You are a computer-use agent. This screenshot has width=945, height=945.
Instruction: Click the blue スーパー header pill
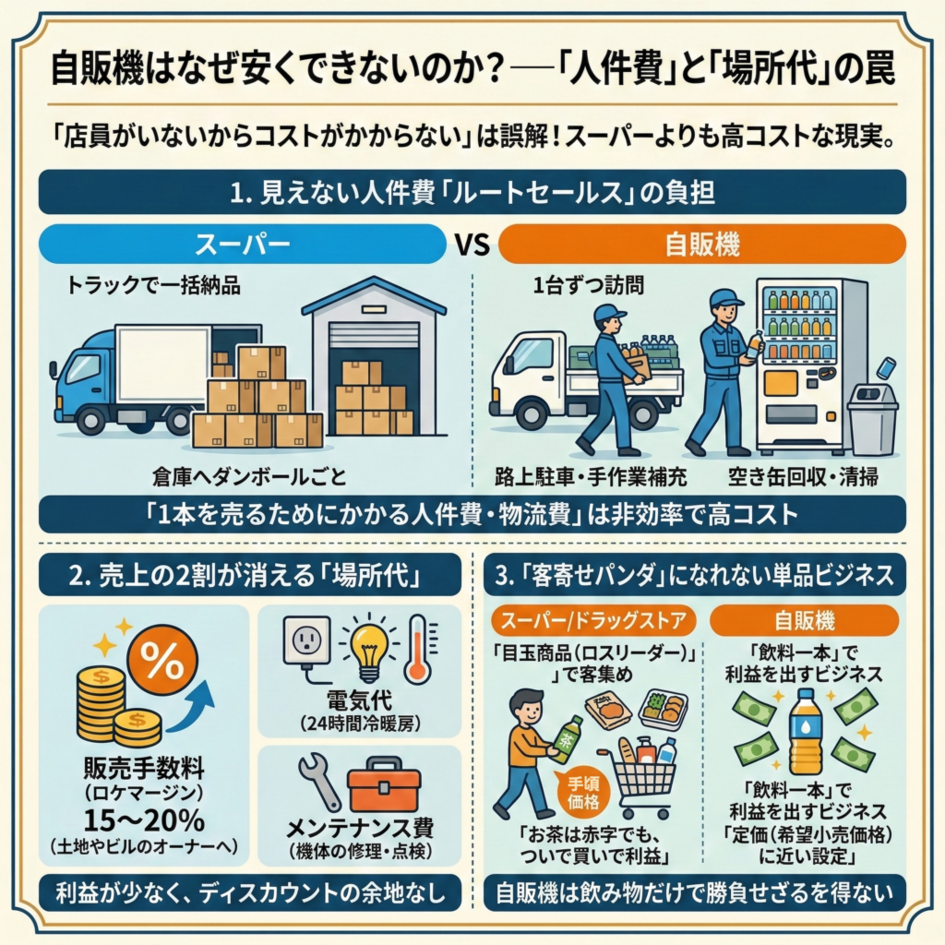point(243,245)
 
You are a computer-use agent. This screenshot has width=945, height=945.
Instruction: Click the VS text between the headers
point(472,245)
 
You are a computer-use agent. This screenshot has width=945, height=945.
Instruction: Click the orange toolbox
point(384,788)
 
